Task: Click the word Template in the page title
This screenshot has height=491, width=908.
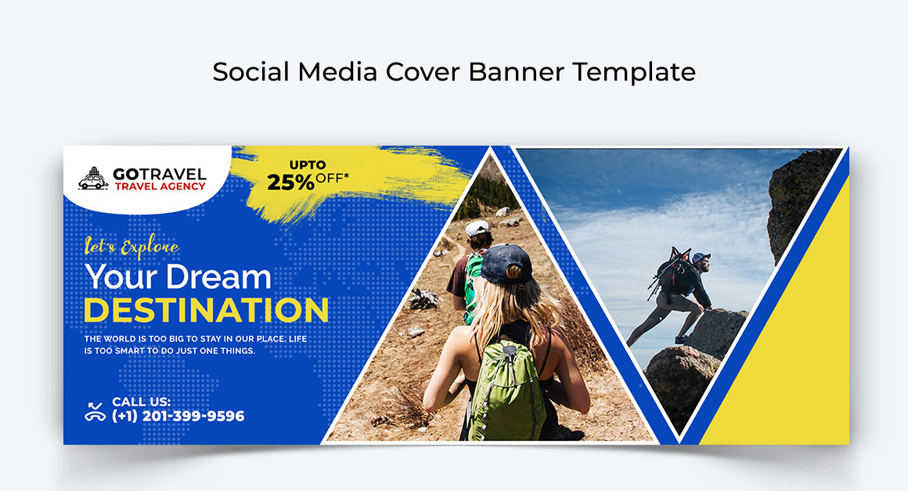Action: tap(634, 72)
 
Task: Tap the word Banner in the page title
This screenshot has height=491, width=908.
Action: tap(516, 72)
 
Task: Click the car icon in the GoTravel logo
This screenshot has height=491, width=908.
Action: tap(93, 179)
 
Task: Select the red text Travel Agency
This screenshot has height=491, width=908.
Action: tap(160, 186)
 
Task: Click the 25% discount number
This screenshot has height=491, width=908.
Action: tap(290, 182)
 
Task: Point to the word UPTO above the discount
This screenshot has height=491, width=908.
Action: tap(308, 165)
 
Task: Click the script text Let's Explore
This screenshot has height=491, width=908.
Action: tap(132, 247)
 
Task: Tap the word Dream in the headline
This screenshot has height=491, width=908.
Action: tap(218, 276)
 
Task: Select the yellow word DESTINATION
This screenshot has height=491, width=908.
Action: tap(207, 310)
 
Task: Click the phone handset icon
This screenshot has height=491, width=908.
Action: tap(95, 411)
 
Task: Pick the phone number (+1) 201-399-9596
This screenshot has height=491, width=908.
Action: tap(178, 416)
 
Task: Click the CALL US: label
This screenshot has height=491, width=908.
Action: tap(142, 401)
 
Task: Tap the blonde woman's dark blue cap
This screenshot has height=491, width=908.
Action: tap(506, 263)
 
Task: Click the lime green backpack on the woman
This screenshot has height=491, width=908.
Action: tap(506, 388)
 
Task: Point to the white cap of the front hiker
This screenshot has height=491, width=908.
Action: tap(477, 228)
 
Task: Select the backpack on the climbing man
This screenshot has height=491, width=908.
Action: tap(671, 272)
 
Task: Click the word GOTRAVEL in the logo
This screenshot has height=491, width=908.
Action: tap(159, 175)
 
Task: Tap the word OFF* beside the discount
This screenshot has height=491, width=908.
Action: tap(333, 178)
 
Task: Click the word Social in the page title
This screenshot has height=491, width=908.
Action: tap(250, 72)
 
